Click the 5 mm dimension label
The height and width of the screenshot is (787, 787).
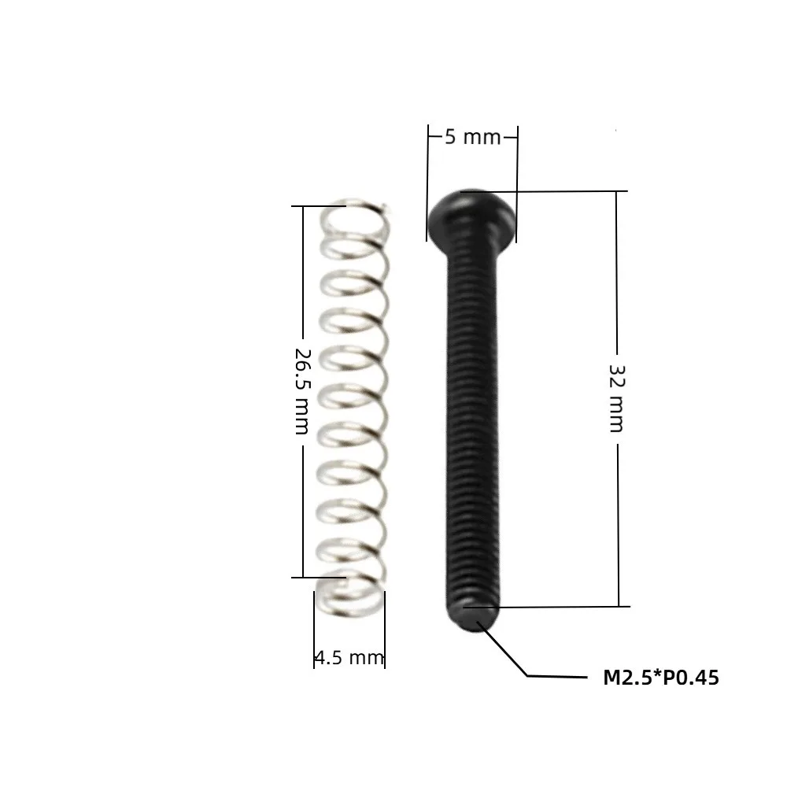pos(473,137)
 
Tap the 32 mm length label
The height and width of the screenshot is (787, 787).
pos(617,398)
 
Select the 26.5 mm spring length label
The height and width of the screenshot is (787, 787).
pos(303,391)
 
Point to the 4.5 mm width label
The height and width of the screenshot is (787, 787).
pos(349,657)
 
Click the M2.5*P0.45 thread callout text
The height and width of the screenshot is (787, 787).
pos(661,678)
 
